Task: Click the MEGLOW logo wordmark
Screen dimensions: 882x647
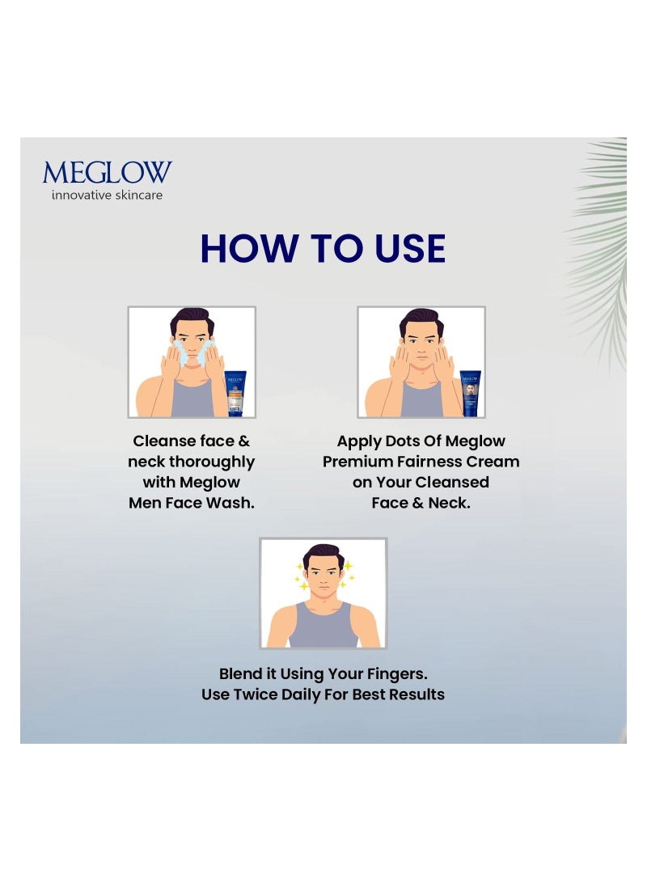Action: click(107, 172)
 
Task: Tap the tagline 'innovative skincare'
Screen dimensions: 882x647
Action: click(107, 195)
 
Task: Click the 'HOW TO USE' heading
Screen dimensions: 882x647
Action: click(323, 248)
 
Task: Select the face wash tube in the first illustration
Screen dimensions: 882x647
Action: click(235, 391)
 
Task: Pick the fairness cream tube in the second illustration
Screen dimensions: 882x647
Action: click(470, 392)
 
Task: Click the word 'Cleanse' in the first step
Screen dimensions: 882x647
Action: click(165, 441)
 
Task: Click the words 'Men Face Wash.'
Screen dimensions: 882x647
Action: click(192, 502)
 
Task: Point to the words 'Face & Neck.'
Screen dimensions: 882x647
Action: click(421, 502)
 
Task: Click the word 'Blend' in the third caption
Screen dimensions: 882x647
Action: click(242, 673)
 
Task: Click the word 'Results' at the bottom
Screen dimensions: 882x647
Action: click(417, 694)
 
